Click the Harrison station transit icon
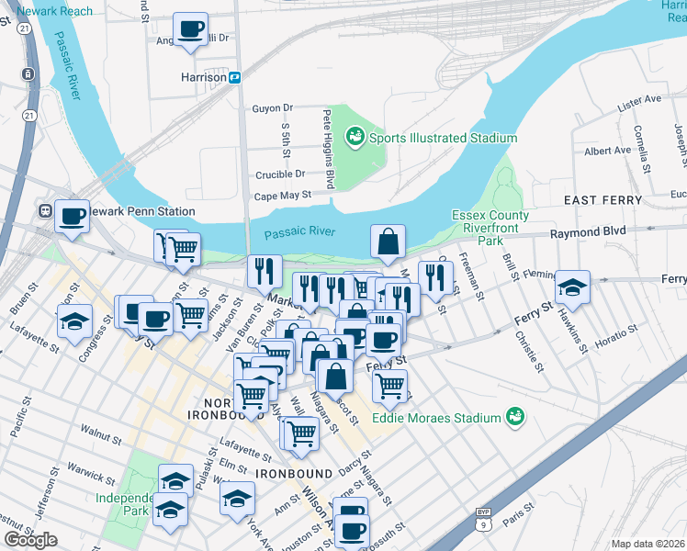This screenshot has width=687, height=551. pos(235,77)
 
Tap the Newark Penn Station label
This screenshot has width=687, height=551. pos(105,211)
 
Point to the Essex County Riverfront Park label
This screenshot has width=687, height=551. pos(490,229)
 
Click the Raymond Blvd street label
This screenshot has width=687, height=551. pos(587,233)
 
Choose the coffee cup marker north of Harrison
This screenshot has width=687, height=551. pos(191,29)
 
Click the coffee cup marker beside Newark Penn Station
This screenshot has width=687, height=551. pos(72,217)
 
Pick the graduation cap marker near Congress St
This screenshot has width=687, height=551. pos(74,321)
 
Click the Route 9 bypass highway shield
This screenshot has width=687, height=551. pos(483,520)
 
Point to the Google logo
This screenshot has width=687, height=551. pos(30,540)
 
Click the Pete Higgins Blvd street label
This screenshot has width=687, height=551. pos(328,149)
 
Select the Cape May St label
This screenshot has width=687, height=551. pos(283,195)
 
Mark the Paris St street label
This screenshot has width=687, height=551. pos(524,511)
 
